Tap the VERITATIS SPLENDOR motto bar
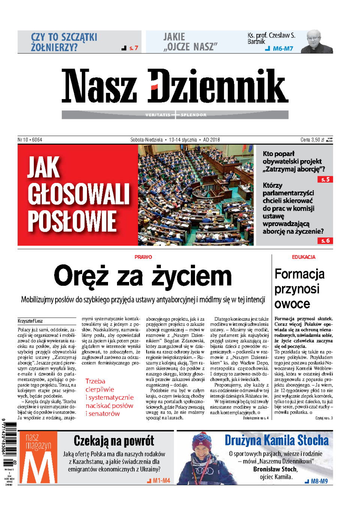175,115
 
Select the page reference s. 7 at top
133,48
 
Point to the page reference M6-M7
283,49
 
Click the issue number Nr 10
23,140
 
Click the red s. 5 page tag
325,180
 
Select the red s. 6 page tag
325,241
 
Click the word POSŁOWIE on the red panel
72,222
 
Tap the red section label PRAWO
143,257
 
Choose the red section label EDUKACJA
303,257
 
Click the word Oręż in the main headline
81,276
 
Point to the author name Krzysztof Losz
30,321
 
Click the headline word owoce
292,304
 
